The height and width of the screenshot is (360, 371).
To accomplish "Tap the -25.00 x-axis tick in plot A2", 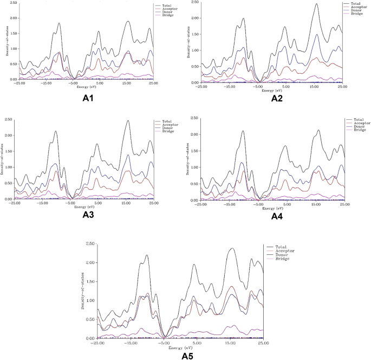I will coord(201,86).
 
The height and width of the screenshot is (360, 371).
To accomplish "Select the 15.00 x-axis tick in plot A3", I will coord(126,204).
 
